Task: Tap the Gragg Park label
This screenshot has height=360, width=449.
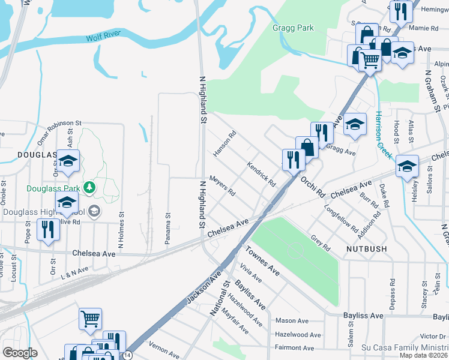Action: tap(293, 28)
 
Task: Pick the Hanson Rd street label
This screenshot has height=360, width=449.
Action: tap(224, 144)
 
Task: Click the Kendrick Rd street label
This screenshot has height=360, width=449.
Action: tap(261, 173)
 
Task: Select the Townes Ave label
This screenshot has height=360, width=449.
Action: tap(262, 260)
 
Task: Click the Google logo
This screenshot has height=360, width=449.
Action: tap(20, 353)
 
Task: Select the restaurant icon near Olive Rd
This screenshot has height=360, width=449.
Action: tap(47, 229)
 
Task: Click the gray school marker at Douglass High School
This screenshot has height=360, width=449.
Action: tap(94, 211)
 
